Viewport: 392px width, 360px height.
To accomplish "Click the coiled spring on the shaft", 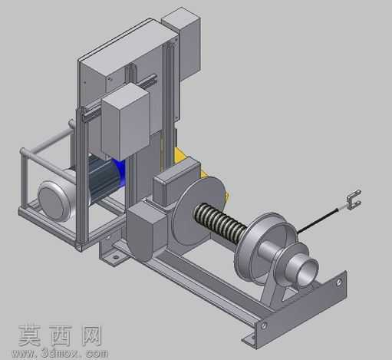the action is pyautogui.click(x=220, y=222).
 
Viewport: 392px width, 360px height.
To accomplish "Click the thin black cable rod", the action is pyautogui.click(x=318, y=221).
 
